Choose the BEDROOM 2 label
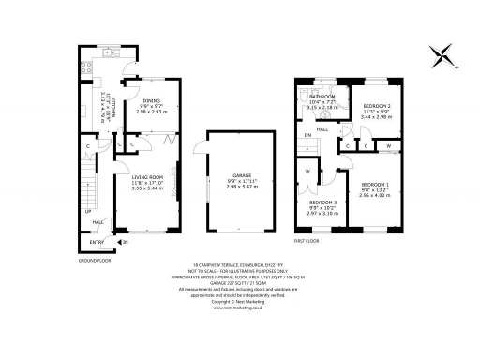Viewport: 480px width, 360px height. [x=377, y=107]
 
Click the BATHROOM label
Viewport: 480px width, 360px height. [x=323, y=97]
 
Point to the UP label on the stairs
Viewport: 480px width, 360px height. [x=88, y=211]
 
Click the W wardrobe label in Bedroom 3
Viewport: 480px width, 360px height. [x=307, y=172]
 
